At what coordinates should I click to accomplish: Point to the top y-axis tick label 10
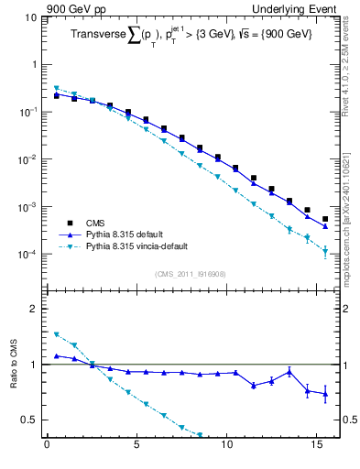click(x=29, y=17)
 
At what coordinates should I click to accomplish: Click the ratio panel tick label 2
click(x=33, y=309)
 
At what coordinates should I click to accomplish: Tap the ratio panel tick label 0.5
click(x=28, y=420)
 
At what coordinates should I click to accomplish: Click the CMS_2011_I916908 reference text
click(x=191, y=274)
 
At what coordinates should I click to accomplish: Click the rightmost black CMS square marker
click(x=325, y=219)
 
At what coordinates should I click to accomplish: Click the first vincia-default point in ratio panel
click(x=56, y=334)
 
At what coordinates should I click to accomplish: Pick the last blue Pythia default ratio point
click(x=325, y=394)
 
